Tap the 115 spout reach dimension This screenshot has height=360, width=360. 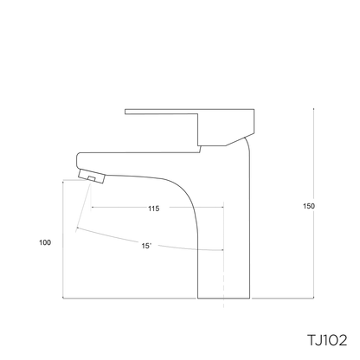[153, 209]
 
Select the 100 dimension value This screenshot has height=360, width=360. [45, 242]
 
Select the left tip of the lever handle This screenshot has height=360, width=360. [127, 110]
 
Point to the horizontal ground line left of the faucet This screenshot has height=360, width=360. [130, 299]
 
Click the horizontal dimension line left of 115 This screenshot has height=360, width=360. [117, 209]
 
